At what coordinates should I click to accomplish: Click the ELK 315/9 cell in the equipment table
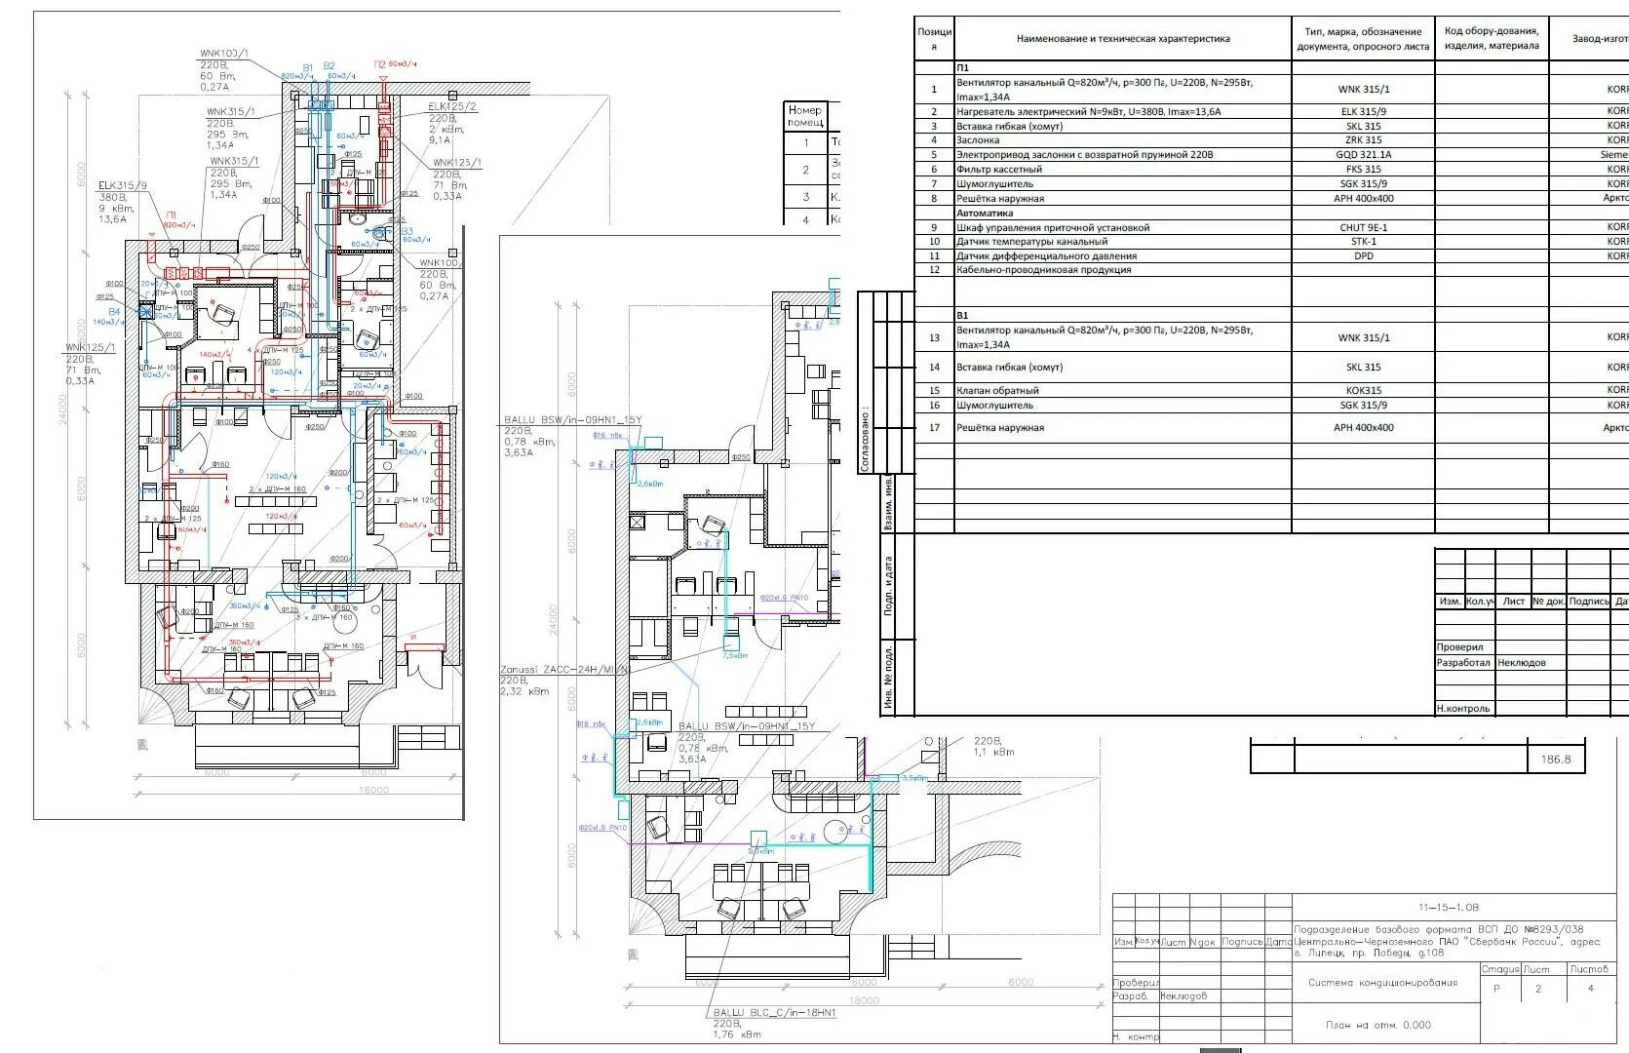(1363, 111)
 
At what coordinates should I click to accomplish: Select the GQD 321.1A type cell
(1363, 154)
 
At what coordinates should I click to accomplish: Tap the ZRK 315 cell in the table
(1363, 139)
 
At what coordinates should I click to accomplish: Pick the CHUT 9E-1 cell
(1363, 227)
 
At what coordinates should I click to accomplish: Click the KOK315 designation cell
(1363, 390)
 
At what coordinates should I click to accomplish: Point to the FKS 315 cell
(1363, 169)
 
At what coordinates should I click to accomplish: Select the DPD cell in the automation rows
(1363, 255)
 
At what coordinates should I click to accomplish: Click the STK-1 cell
(1363, 241)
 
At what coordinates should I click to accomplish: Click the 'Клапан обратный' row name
(997, 390)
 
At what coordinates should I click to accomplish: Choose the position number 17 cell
(934, 427)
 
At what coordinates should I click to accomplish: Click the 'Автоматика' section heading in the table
(985, 213)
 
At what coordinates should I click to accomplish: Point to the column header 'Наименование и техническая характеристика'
(1123, 39)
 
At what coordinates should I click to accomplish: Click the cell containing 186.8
(1556, 759)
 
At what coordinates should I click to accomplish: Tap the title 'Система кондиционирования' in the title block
(1382, 983)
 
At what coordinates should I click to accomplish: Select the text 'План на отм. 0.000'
(1378, 1025)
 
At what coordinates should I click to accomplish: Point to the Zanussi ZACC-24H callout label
(565, 671)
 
